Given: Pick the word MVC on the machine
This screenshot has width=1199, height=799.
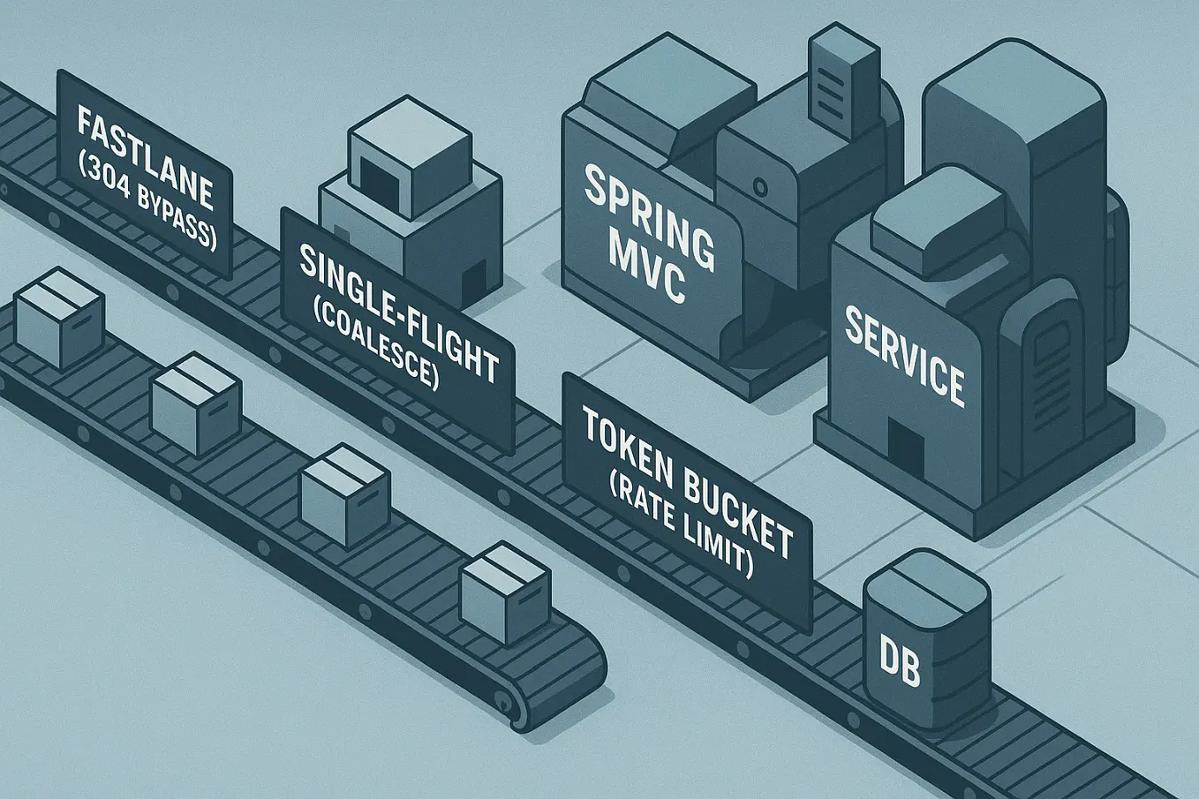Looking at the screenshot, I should click(649, 270).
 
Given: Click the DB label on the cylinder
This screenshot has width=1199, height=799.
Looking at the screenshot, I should click(901, 667).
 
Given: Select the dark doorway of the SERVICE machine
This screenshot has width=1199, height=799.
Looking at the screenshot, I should click(905, 442).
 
